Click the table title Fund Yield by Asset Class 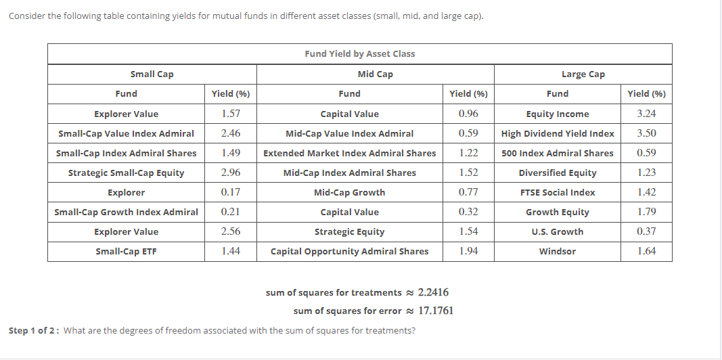[x=359, y=53]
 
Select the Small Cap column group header [x=152, y=74]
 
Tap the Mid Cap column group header [x=375, y=74]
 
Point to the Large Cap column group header [x=583, y=74]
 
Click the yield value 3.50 [x=646, y=133]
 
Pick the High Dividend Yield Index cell [x=558, y=133]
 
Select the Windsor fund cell [x=558, y=251]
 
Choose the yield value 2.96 [x=230, y=173]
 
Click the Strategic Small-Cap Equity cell [x=126, y=173]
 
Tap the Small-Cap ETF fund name [x=126, y=251]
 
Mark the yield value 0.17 [x=230, y=192]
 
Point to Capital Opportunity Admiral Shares [x=349, y=251]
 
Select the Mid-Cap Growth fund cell [x=349, y=192]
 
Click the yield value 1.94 [x=468, y=251]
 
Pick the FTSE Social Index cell [x=558, y=192]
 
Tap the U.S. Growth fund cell [x=558, y=231]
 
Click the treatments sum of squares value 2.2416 [x=433, y=292]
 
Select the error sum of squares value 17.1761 [x=436, y=311]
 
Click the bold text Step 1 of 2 [x=33, y=330]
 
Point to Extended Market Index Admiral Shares [x=349, y=153]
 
